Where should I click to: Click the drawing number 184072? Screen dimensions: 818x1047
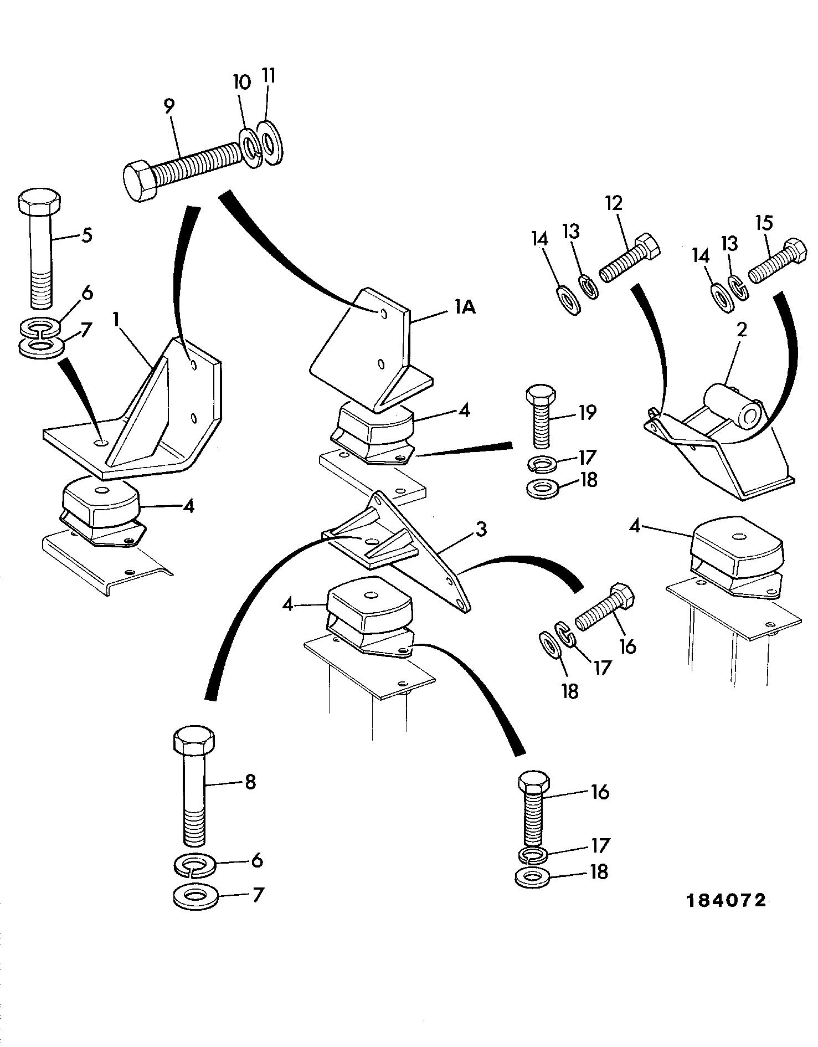[726, 900]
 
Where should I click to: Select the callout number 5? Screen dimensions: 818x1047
[86, 235]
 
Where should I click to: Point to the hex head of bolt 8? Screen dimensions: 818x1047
[190, 742]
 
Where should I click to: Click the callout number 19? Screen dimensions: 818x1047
[587, 412]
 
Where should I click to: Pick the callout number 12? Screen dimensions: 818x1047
[613, 203]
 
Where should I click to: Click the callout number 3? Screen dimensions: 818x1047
[481, 529]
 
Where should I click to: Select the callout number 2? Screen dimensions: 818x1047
[741, 330]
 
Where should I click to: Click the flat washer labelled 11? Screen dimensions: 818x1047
[270, 143]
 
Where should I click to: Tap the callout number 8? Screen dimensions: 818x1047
[250, 782]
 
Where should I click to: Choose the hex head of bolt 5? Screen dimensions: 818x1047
[39, 203]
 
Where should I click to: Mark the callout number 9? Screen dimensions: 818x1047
[169, 105]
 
